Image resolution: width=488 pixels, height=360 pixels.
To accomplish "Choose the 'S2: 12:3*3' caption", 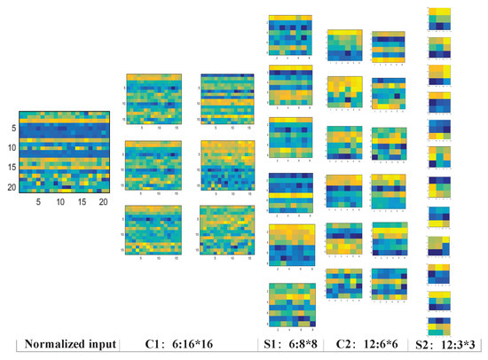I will (x=437, y=345).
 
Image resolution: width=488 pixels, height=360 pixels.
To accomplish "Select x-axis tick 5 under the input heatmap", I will (x=38, y=202).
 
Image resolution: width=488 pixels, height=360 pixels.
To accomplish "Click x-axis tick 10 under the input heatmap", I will (x=60, y=202).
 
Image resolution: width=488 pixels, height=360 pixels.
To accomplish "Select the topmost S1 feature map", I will (x=291, y=35).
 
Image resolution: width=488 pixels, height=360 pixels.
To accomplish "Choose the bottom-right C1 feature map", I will (x=228, y=229).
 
